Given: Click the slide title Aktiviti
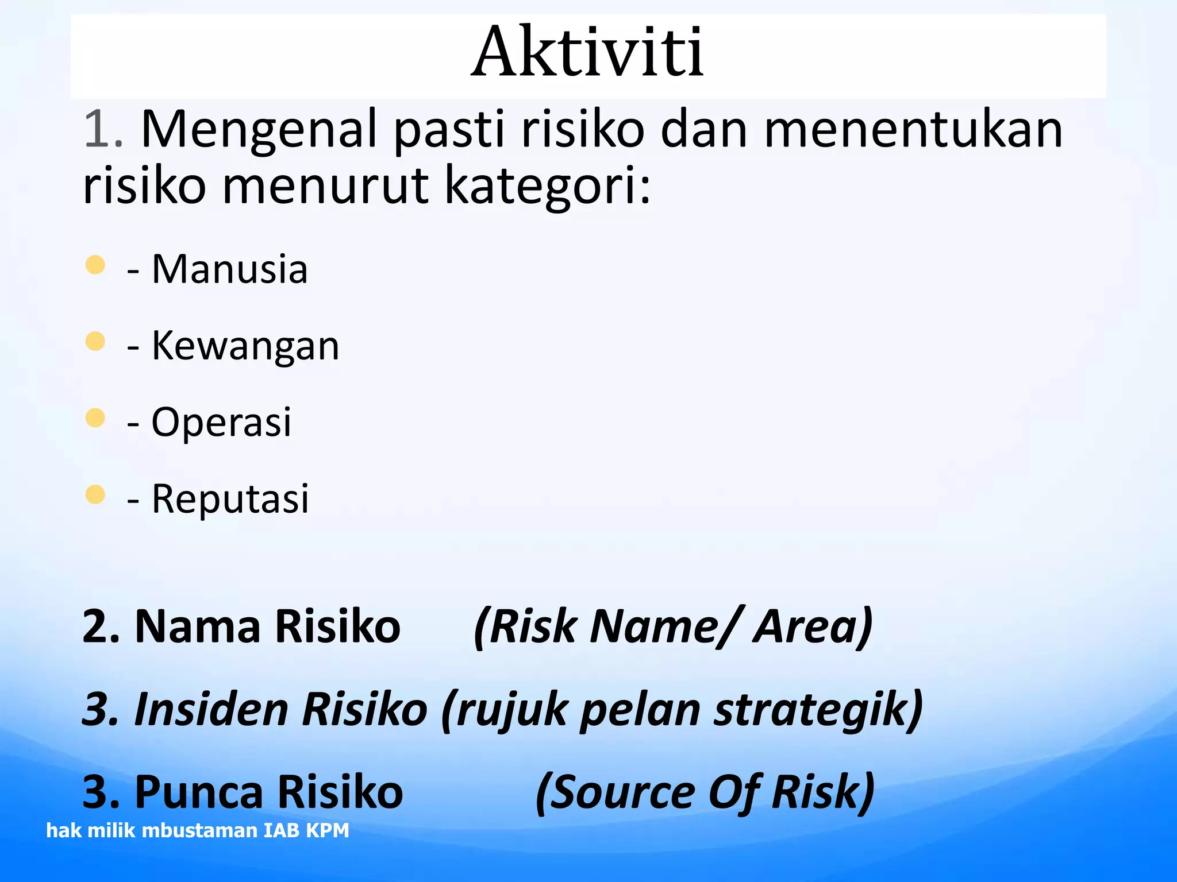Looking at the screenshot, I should coord(587,53).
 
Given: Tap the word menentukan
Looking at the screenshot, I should coord(913,130).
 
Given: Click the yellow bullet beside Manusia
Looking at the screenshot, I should coord(95,265).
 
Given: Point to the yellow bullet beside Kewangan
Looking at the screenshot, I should coord(95,341).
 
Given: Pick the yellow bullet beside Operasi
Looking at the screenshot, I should coord(95,417).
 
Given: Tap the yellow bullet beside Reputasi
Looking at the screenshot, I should coord(95,494).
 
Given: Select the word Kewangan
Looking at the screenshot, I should coord(245,346).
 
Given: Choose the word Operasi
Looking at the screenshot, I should coord(221,422).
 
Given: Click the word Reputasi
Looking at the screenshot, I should coord(230,498).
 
